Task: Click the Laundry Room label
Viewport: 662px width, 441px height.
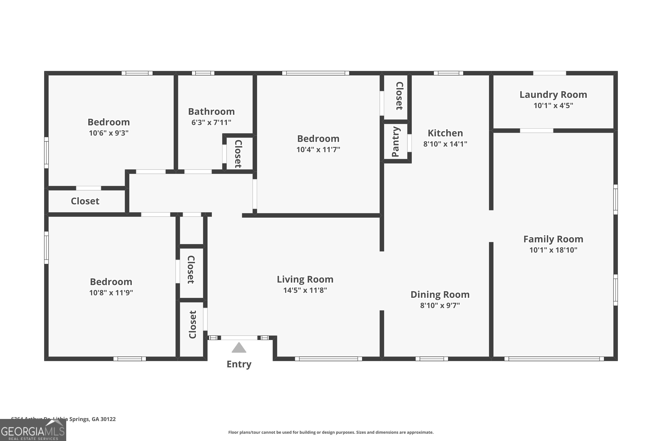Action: pos(553,95)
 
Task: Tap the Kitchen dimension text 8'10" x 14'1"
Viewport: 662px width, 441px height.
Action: pos(445,144)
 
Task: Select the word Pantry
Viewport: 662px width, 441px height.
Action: pos(396,142)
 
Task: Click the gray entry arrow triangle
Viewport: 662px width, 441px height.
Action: pos(239,348)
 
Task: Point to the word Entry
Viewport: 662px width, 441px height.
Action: pos(239,364)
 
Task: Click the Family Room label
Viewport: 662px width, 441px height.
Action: pos(553,239)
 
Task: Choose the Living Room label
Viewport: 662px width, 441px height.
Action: pos(305,279)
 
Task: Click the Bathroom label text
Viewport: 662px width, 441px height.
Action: pos(211,112)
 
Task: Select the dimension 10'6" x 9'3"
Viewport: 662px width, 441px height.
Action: pos(109,133)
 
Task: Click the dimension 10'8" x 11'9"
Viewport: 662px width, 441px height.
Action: pos(111,293)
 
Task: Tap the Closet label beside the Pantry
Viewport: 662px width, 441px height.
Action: pos(399,96)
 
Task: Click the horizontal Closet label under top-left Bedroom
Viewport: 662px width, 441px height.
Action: pos(85,201)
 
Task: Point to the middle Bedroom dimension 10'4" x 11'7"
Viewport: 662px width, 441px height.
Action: pos(318,150)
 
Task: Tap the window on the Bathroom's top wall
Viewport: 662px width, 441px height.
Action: pos(203,73)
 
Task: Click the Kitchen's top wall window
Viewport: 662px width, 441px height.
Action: pos(448,73)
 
